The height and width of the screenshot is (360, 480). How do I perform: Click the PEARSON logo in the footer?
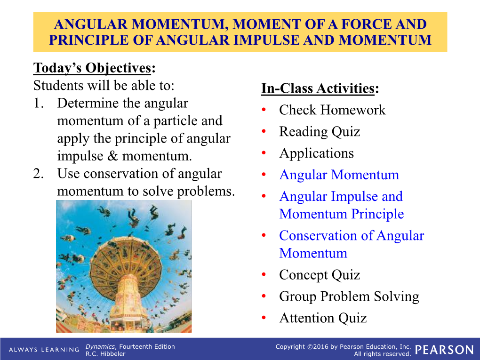click(445, 350)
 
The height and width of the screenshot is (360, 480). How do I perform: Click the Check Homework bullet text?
click(332, 110)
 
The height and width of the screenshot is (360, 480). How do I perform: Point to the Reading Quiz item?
click(320, 132)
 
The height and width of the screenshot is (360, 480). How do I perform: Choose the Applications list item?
click(317, 153)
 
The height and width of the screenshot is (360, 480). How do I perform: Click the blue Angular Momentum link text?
click(339, 175)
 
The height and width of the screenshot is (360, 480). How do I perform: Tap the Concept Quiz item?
click(320, 275)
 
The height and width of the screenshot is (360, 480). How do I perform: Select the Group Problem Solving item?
click(349, 296)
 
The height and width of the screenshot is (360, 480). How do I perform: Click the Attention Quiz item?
click(323, 318)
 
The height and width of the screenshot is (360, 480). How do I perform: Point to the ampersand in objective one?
click(112, 156)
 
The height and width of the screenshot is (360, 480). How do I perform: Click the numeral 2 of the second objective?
click(37, 174)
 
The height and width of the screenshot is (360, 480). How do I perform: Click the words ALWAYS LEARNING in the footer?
click(44, 350)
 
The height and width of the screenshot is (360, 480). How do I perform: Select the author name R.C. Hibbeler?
click(105, 354)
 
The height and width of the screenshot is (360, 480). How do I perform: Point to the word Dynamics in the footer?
click(100, 346)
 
